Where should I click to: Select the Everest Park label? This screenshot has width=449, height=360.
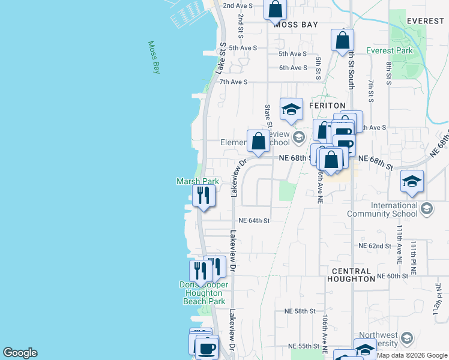[x=390, y=50]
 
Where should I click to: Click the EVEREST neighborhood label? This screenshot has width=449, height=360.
[x=425, y=21]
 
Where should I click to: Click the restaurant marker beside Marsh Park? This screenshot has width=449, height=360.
[x=203, y=196]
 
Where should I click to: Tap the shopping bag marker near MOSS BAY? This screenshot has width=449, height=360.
[x=275, y=10]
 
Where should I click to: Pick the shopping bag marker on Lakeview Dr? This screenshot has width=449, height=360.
[x=258, y=142]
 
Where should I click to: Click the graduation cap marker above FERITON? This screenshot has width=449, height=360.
[x=291, y=109]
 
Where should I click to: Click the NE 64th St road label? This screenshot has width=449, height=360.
[x=254, y=220]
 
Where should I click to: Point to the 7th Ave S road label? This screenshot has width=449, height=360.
[x=238, y=82]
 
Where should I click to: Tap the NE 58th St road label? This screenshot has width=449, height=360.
[x=300, y=311]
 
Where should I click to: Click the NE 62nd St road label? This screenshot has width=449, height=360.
[x=375, y=246]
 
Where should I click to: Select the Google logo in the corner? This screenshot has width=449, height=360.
[x=20, y=353]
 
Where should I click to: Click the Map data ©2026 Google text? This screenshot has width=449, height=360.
[x=412, y=355]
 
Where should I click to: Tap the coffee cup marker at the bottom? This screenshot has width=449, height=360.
[x=208, y=347]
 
